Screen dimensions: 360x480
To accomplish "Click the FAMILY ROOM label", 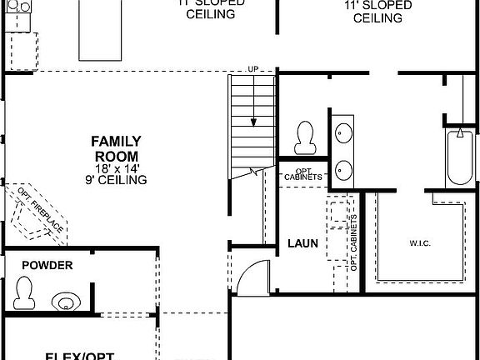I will [x=116, y=148].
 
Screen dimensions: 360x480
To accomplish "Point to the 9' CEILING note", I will [x=116, y=180].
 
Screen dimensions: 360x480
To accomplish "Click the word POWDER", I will [x=47, y=266].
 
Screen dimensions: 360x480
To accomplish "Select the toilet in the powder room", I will [x=24, y=291].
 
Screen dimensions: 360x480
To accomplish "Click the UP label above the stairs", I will [x=252, y=69].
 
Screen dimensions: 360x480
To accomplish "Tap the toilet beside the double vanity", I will [x=305, y=136].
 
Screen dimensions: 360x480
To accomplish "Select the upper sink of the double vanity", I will [x=343, y=131].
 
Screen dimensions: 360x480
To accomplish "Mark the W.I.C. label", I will [x=420, y=244].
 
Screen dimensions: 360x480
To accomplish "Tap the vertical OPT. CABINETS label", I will [x=354, y=242].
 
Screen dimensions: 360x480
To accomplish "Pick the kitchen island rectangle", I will [x=104, y=30].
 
